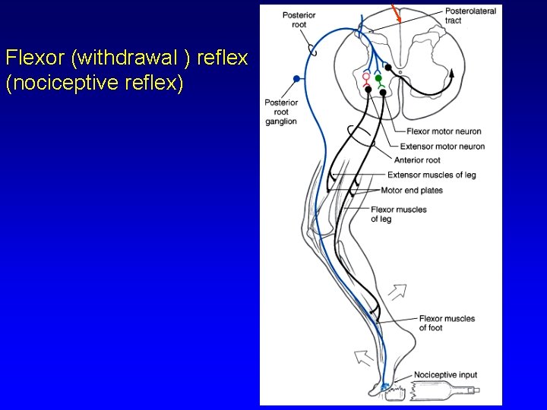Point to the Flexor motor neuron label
click(444, 131)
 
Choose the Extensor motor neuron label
click(442, 146)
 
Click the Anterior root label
click(417, 160)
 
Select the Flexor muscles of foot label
click(447, 323)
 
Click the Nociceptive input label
click(446, 375)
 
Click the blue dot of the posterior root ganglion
click(296, 78)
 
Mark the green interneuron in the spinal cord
click(378, 78)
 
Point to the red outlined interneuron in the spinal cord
click(365, 77)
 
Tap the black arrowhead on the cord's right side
click(452, 74)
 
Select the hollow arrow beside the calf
click(397, 291)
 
